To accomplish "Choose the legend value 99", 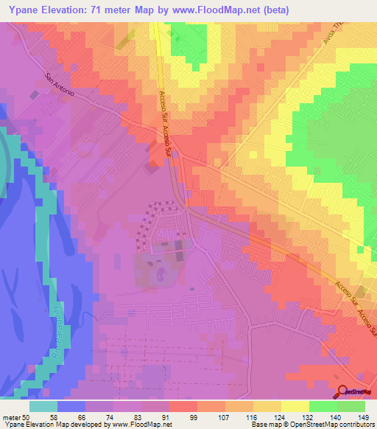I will [x=204, y=416].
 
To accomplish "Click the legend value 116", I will [x=262, y=416].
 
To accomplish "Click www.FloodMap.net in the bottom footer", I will [x=138, y=425].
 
